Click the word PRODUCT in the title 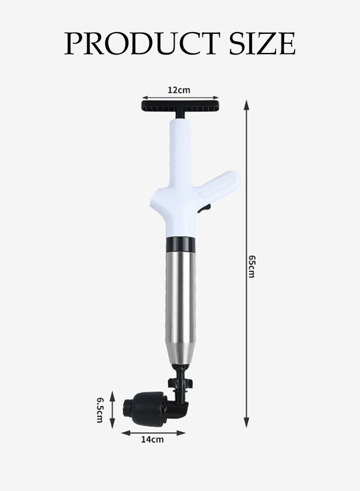pyautogui.click(x=141, y=43)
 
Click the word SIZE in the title pyautogui.click(x=262, y=43)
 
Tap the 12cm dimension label pyautogui.click(x=179, y=90)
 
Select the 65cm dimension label pyautogui.click(x=252, y=266)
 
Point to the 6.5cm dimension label pyautogui.click(x=100, y=410)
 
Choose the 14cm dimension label pyautogui.click(x=152, y=439)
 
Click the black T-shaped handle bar pyautogui.click(x=181, y=105)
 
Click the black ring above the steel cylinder pyautogui.click(x=181, y=244)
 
